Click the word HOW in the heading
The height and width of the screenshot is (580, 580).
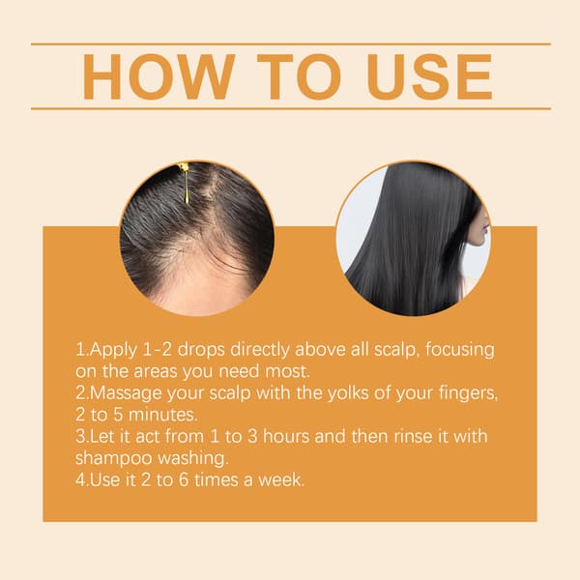point(159,77)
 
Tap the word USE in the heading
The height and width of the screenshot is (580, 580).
point(430,77)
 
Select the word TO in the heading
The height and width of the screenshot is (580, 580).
point(299,77)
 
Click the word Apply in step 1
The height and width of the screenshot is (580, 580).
point(113,350)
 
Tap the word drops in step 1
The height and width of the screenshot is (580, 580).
point(201,350)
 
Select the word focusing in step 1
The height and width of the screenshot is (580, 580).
point(460,350)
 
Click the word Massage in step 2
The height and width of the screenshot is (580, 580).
point(126,393)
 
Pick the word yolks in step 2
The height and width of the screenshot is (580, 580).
point(348,392)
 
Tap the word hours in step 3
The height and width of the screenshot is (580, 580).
point(286,437)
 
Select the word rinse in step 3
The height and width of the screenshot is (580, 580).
point(413,437)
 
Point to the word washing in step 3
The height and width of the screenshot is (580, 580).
point(193,459)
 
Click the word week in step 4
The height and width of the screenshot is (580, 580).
point(281,480)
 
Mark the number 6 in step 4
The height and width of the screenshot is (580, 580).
point(184,480)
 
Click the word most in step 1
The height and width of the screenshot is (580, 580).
point(287,372)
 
